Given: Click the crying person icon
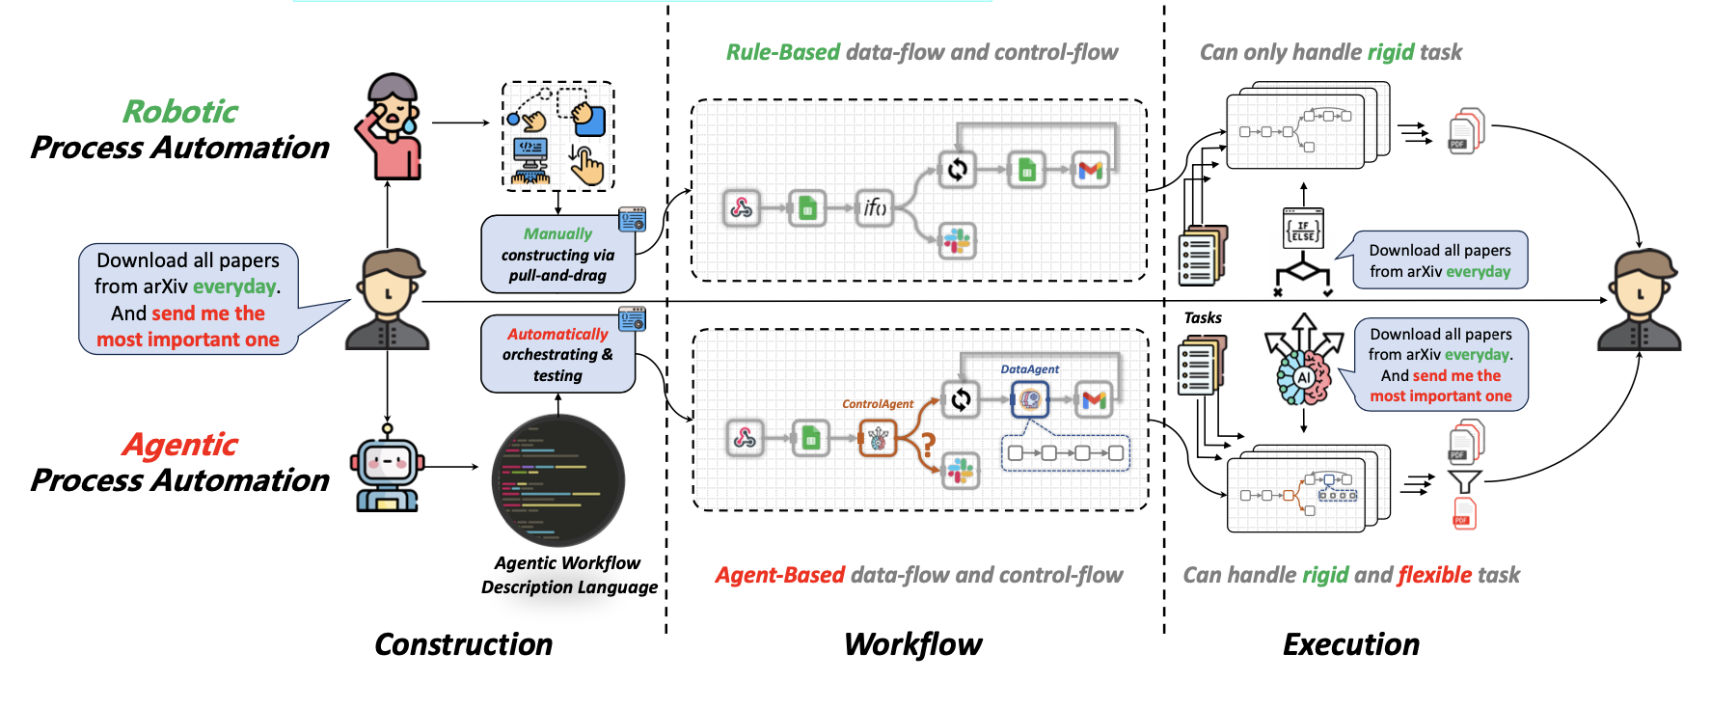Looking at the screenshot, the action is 388,126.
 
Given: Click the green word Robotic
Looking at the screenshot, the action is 180,112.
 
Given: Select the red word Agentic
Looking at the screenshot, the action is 180,445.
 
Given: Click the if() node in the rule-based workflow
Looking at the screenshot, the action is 874,207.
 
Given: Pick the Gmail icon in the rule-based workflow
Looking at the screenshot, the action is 1091,170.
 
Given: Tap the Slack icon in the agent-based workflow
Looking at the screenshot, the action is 960,471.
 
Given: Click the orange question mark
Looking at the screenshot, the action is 928,444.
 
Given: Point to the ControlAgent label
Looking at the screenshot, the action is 878,404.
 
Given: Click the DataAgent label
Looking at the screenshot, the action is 1029,369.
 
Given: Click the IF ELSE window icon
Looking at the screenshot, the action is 1303,229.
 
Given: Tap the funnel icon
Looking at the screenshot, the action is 1464,481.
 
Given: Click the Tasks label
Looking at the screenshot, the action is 1203,317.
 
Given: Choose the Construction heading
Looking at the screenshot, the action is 464,644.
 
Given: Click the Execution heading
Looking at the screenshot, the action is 1351,644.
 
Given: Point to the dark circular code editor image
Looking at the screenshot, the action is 558,480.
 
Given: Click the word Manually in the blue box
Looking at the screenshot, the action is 557,233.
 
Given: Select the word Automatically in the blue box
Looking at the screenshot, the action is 557,334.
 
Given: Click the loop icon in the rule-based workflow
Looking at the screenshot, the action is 957,170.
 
